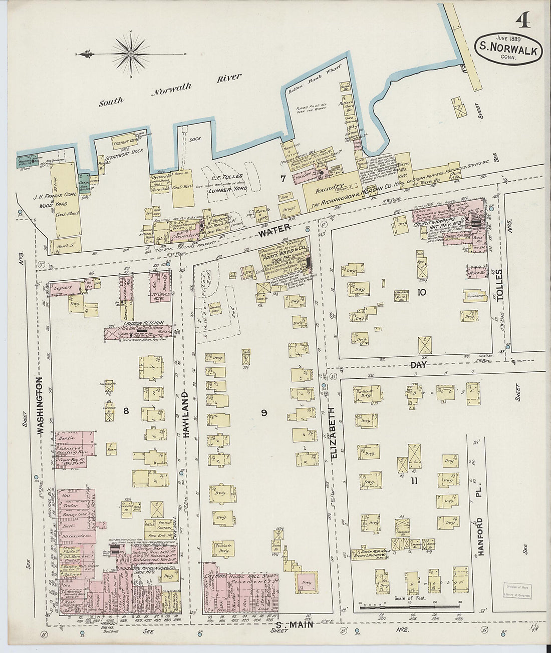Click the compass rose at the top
131,53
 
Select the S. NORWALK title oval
508,49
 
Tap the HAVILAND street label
185,415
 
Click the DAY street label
419,365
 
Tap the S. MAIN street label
295,624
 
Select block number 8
126,411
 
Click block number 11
414,481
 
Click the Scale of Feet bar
410,607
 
